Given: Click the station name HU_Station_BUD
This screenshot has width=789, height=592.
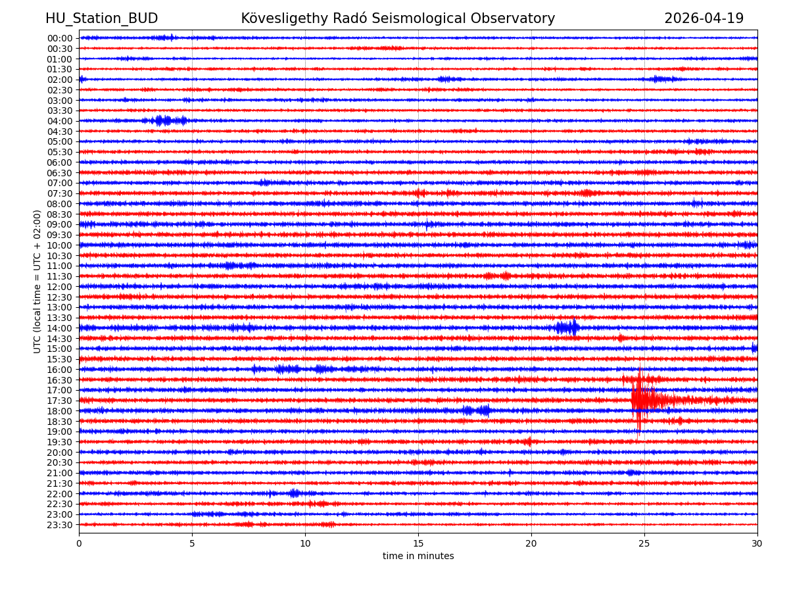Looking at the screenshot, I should [101, 18].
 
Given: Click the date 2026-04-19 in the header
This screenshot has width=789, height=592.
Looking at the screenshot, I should [704, 18].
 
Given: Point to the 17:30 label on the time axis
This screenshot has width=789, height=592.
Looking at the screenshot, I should [59, 401].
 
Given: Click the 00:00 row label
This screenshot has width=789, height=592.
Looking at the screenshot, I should [59, 38].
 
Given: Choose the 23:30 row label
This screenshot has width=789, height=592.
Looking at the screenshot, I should [59, 525].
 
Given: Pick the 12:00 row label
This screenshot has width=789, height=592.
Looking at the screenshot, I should [59, 287].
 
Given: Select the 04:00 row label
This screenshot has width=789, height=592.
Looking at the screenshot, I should [59, 121].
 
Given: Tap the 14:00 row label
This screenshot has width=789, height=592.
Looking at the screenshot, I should [59, 328].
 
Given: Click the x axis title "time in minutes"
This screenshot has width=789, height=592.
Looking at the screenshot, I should [418, 556].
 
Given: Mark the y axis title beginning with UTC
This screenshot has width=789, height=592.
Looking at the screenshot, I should [37, 282].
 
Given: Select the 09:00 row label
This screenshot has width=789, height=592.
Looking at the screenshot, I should [59, 224].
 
